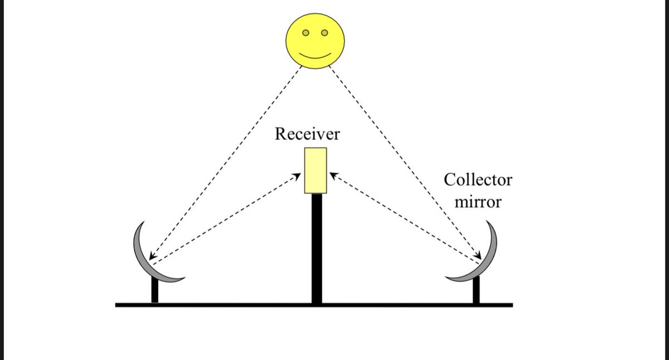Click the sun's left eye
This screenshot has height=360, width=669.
click(x=306, y=33)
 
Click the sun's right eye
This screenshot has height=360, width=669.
click(x=324, y=33)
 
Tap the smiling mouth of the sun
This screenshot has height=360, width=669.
click(x=315, y=56)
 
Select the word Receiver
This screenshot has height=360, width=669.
click(x=308, y=135)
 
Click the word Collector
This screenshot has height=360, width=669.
click(x=478, y=180)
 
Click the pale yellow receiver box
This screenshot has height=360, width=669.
click(x=316, y=171)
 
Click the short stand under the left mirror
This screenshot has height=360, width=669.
click(x=154, y=290)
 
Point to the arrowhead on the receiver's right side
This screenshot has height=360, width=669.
click(x=333, y=176)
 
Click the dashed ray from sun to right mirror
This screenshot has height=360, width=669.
click(x=404, y=162)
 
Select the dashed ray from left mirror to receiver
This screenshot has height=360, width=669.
click(x=223, y=219)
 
